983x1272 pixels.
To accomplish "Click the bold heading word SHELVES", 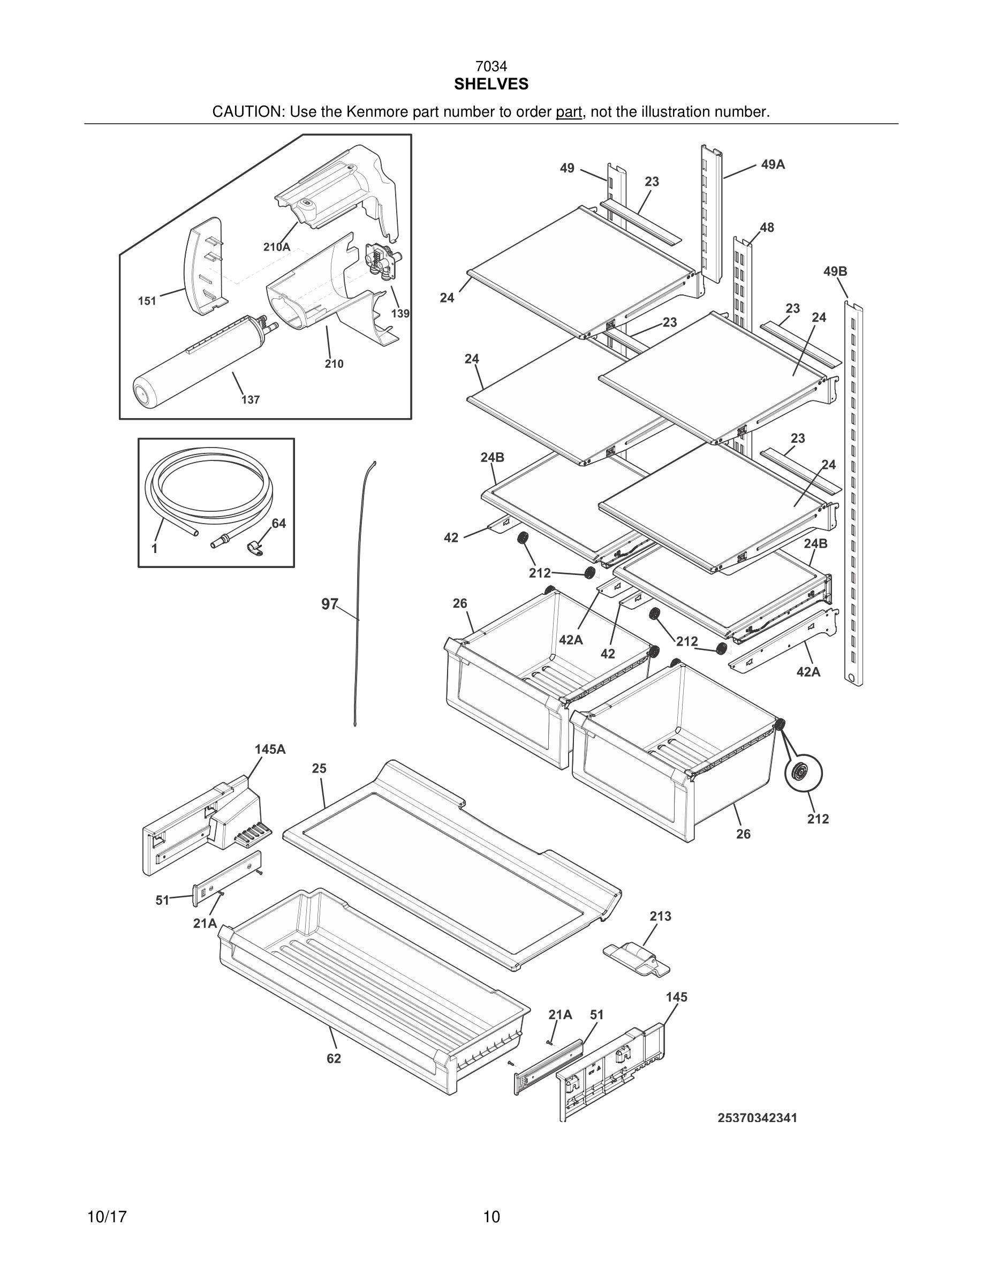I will [x=491, y=85].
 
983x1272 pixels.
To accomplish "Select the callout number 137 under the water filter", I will [x=251, y=400].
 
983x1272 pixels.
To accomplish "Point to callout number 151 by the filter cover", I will [x=147, y=301].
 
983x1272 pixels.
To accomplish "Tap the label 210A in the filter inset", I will [x=277, y=247].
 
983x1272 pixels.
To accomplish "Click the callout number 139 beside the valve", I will [x=400, y=314].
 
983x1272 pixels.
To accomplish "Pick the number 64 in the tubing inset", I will [x=279, y=524].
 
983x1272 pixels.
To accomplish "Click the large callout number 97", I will [x=330, y=604].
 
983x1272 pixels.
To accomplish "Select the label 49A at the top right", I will [x=773, y=165].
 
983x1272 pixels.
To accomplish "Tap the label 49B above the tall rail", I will [x=835, y=271].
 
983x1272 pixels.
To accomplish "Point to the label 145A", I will [x=270, y=749].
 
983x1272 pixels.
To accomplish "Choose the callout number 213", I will [x=660, y=916].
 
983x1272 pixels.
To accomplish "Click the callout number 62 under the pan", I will [x=334, y=1059].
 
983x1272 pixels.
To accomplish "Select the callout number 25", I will [x=319, y=768].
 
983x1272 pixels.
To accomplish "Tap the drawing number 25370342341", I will [x=757, y=1118].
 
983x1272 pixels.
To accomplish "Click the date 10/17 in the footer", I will [x=107, y=1217].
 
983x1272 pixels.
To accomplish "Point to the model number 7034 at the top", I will [x=491, y=67].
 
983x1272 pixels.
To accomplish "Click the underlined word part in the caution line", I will [x=569, y=112].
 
